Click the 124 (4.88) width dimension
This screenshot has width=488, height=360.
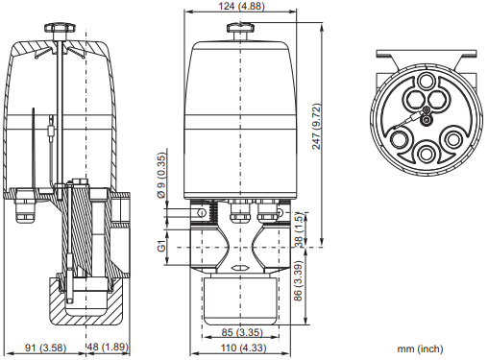click(241, 6)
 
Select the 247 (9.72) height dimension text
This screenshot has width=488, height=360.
click(316, 126)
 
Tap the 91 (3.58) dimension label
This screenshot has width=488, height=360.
click(45, 348)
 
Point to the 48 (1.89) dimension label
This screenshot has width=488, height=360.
click(108, 347)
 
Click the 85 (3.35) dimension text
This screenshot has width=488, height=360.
click(242, 332)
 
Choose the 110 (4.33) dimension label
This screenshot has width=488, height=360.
click(243, 348)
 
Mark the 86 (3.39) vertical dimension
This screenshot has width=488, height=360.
click(298, 281)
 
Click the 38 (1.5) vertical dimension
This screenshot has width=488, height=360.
click(299, 229)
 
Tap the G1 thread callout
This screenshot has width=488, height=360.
click(162, 246)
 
